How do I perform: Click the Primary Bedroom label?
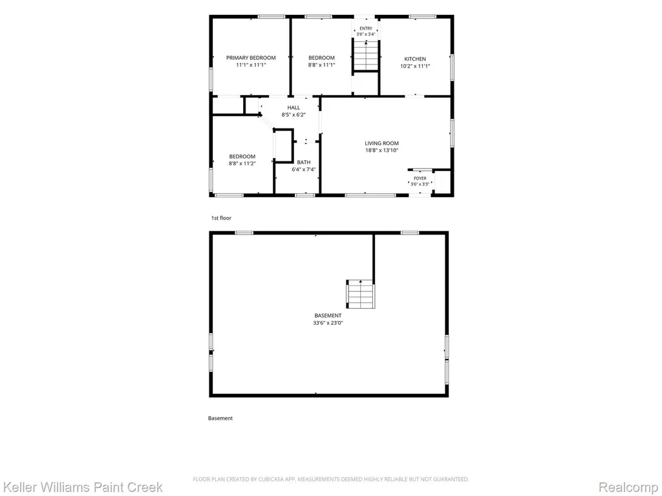point(251,57)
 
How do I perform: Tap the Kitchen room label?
point(415,59)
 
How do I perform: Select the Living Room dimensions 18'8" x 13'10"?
point(381,150)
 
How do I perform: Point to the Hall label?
point(294,108)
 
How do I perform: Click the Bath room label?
point(304,162)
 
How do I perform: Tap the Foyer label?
point(420,178)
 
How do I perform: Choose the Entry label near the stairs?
point(366,28)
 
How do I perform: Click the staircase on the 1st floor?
point(366,56)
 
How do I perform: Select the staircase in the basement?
point(361,294)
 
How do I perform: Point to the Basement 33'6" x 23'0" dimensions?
point(328,323)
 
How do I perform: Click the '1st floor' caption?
point(221,218)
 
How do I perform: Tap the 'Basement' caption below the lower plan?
point(220,418)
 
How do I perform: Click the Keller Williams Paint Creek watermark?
point(81,488)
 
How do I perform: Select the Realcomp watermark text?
point(629,488)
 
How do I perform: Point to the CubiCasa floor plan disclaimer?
point(330,479)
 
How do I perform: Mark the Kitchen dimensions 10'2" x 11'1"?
point(415,67)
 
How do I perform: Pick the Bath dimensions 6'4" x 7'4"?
point(304,170)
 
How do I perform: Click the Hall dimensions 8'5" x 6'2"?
point(294,115)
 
